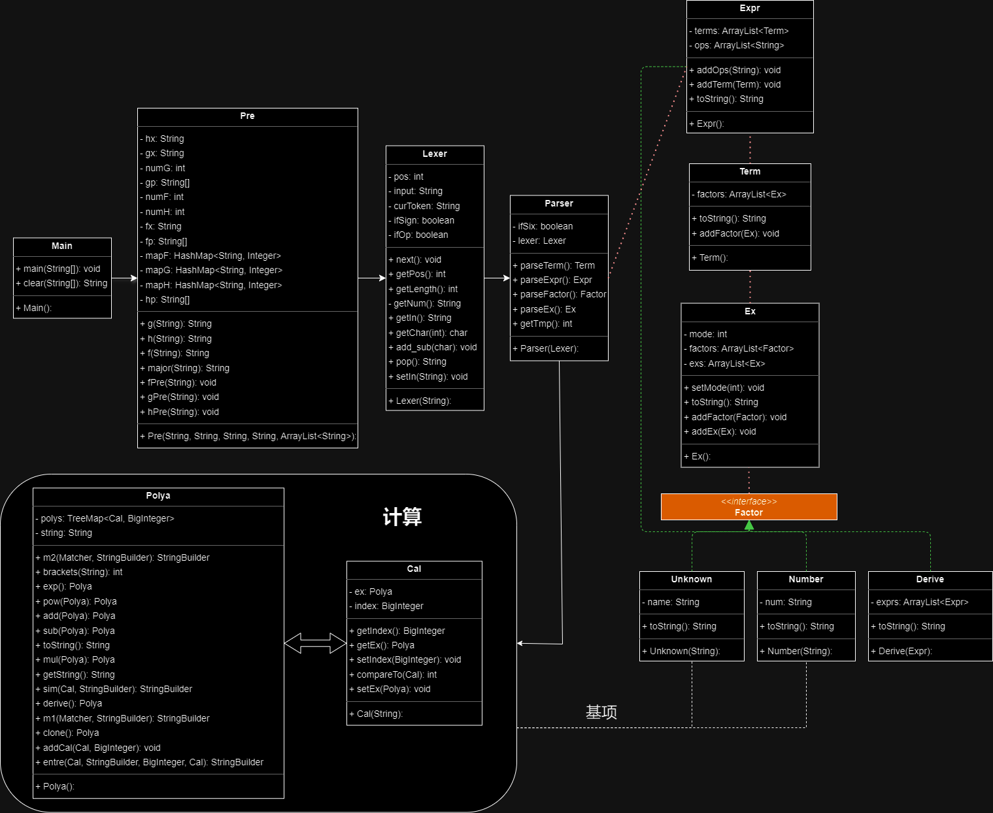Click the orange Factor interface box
[749, 506]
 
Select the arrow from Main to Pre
[124, 278]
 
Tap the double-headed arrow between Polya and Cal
[315, 643]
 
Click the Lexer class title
[435, 154]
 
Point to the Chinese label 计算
[402, 516]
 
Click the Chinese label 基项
[601, 712]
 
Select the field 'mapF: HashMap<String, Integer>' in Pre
[210, 256]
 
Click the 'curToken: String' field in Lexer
[424, 206]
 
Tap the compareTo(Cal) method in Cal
[393, 674]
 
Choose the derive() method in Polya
[69, 703]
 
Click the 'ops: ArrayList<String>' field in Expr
[737, 45]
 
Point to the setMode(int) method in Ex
[724, 388]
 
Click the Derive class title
[930, 579]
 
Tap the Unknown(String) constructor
[681, 651]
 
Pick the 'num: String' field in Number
[786, 602]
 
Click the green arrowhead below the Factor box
[749, 525]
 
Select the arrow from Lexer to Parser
[497, 278]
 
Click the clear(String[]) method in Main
[61, 283]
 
